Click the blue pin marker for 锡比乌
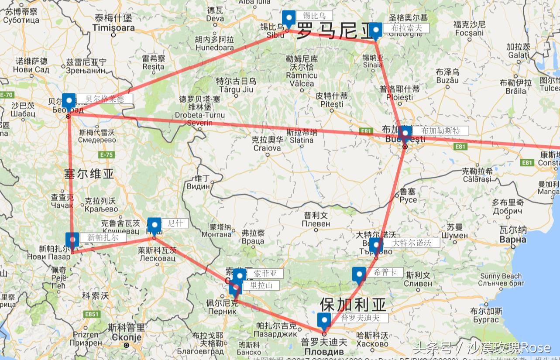[289, 19]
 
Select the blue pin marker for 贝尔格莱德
[69, 101]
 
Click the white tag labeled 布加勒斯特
[440, 130]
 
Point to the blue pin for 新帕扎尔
[72, 240]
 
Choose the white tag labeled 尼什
[175, 223]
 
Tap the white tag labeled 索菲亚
[265, 274]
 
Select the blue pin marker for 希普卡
[359, 274]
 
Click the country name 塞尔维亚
[89, 174]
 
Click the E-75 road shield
[106, 154]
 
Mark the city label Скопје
[127, 337]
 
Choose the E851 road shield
[92, 314]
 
